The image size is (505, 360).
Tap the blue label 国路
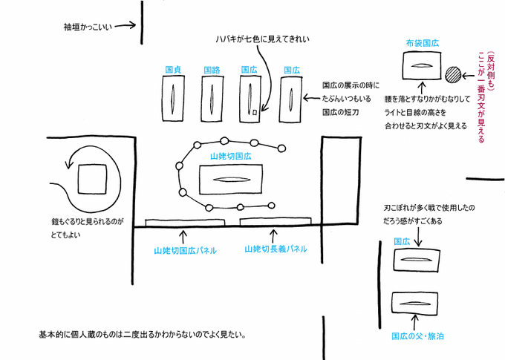[x=212, y=70]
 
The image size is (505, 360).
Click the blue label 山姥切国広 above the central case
[x=232, y=157]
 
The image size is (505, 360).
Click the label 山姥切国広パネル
[x=186, y=251]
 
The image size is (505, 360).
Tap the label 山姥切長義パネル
[x=276, y=249]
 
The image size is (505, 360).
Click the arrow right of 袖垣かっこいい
[x=126, y=26]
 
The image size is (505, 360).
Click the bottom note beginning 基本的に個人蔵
[x=142, y=335]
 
